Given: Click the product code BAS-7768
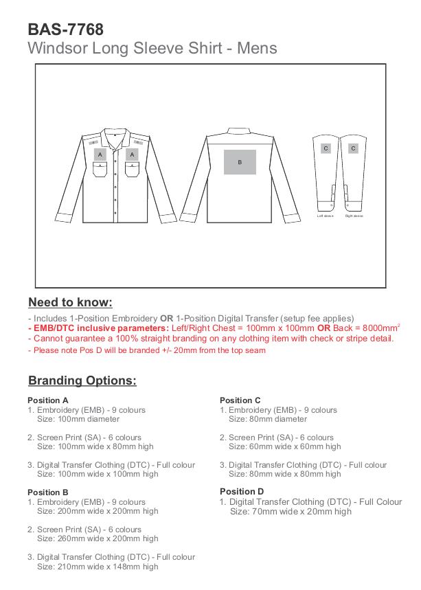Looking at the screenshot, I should (x=65, y=30).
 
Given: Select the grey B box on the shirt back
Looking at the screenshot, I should (x=240, y=162).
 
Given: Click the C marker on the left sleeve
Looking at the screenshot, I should (x=326, y=148).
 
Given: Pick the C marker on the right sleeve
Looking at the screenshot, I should (x=353, y=148).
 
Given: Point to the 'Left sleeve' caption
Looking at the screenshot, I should (x=325, y=216).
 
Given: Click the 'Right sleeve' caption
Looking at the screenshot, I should (x=354, y=216).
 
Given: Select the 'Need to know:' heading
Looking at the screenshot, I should (x=70, y=302).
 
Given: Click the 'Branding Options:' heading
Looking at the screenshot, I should (x=82, y=381).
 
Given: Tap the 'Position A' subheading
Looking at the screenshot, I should (x=48, y=400).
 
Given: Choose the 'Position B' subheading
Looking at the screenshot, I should (x=48, y=492).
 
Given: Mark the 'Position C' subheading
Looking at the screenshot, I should (x=240, y=400).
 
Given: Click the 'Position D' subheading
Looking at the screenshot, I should (x=242, y=492).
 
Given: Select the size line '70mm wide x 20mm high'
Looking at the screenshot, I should (x=291, y=512).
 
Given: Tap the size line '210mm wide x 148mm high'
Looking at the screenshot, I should (x=98, y=567).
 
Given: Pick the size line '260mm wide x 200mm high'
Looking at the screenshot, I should (x=98, y=539).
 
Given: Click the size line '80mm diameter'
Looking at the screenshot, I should (x=268, y=419).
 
